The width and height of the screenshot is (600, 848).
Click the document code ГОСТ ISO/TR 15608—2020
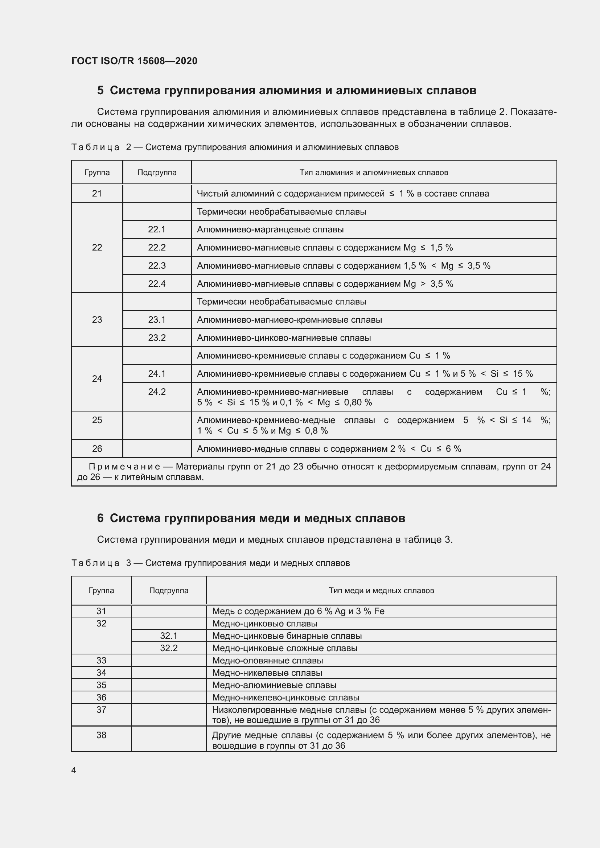[134, 61]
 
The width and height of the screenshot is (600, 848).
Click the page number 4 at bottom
[74, 770]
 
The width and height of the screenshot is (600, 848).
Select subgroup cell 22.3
[157, 265]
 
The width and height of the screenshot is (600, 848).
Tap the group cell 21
[97, 194]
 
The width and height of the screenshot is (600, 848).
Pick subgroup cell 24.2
[157, 392]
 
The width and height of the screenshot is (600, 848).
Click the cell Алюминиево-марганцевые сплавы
[270, 230]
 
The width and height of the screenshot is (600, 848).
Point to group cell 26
[97, 449]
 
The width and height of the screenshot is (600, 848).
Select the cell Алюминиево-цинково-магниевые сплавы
[284, 338]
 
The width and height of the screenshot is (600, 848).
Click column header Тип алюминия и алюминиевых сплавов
[374, 173]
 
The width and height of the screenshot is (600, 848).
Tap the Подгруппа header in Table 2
[157, 173]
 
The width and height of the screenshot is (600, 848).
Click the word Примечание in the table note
[124, 467]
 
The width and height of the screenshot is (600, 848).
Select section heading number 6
[100, 518]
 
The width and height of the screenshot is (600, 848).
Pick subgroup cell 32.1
[168, 636]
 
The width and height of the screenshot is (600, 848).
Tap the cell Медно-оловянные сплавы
[267, 660]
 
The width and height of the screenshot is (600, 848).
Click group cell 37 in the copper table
[101, 710]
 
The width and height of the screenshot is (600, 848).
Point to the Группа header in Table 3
[101, 591]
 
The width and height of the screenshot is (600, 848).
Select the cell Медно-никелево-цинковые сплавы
[285, 697]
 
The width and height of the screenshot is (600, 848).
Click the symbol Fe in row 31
[379, 611]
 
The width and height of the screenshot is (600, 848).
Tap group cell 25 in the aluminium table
[97, 420]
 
